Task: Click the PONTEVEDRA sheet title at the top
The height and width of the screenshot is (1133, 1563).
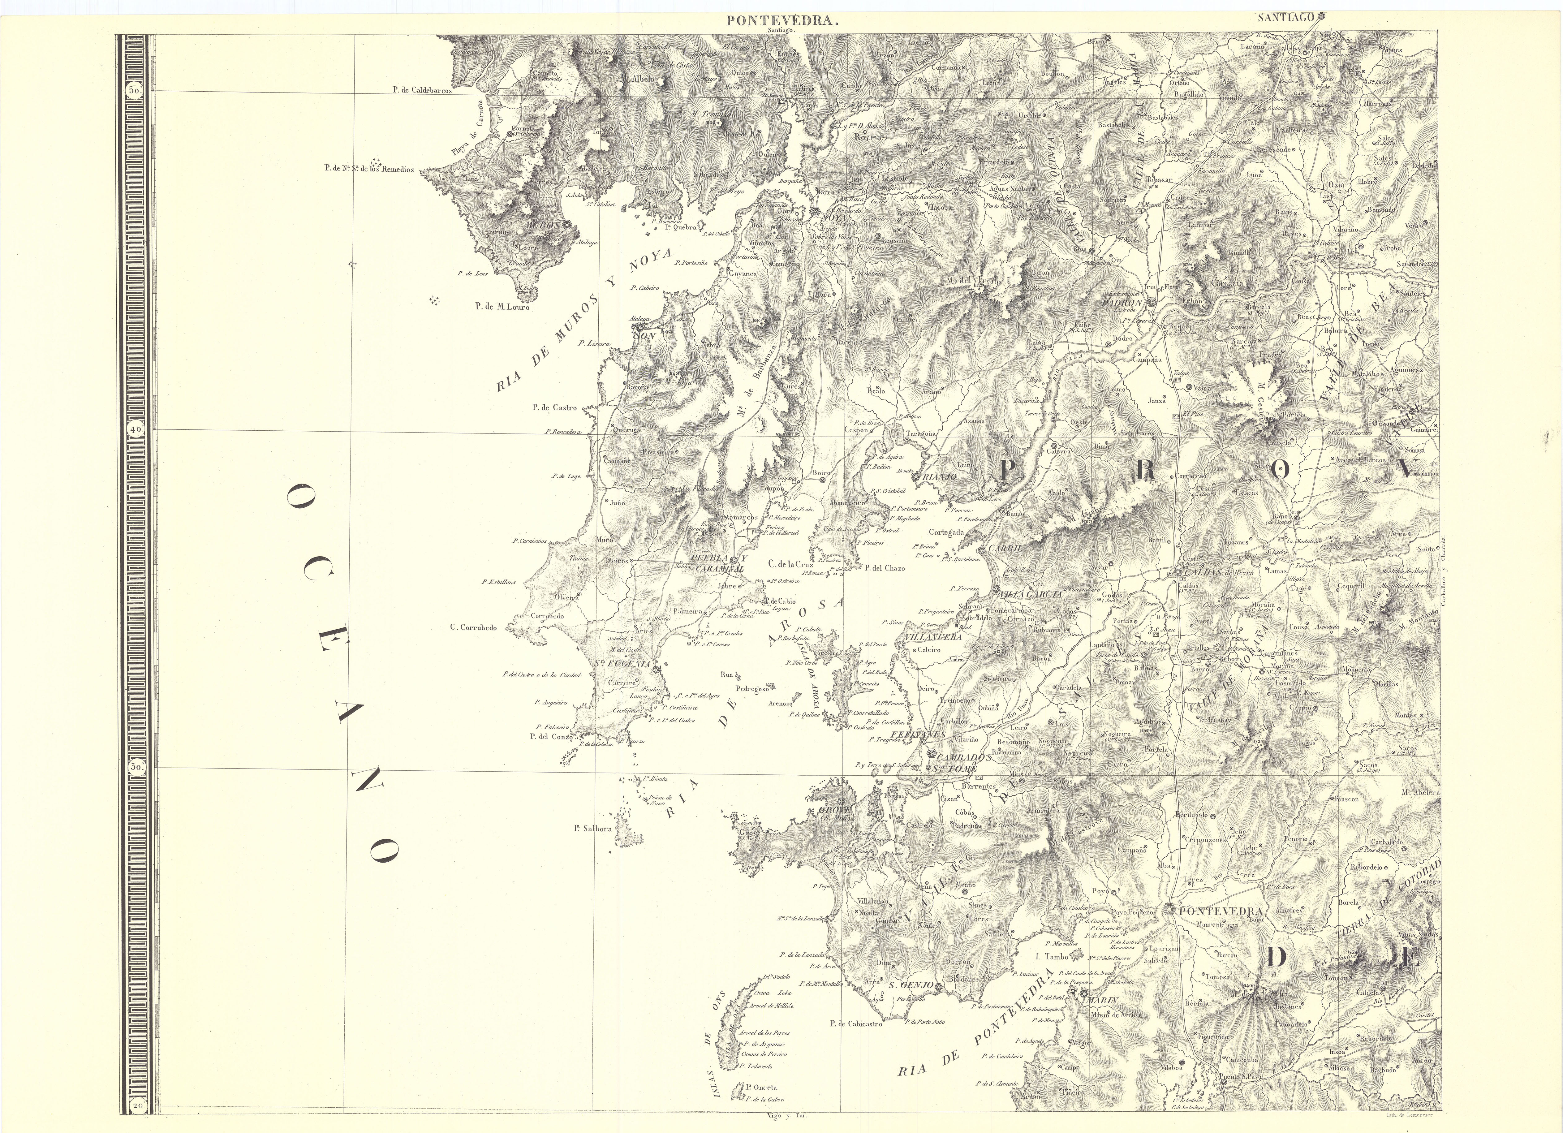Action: coord(781,21)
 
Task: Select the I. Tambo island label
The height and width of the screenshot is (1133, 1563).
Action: coord(1052,957)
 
